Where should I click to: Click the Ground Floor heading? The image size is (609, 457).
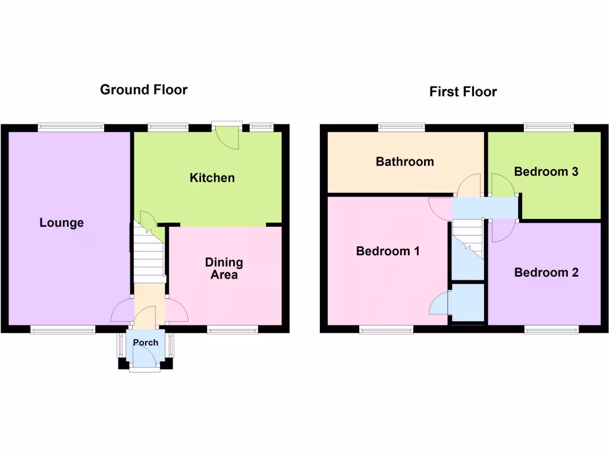tap(143, 90)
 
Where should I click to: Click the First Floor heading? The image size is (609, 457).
tap(463, 92)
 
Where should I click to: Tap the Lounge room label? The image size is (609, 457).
tap(61, 223)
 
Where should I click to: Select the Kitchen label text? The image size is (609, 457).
tap(212, 178)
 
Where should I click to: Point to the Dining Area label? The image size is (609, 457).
tap(224, 268)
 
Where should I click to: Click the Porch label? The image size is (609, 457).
tap(146, 343)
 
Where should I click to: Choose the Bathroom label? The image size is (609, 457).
tap(404, 162)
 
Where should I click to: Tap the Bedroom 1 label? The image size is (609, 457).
tap(388, 251)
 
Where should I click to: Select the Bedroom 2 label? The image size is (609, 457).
tap(546, 273)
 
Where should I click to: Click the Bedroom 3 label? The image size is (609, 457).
tap(546, 172)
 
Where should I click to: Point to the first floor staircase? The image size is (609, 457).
tap(468, 238)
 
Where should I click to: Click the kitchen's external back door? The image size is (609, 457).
tap(228, 136)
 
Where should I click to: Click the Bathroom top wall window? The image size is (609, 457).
tap(401, 127)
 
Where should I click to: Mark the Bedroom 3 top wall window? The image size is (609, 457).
tap(548, 127)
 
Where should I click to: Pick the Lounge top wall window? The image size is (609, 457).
tap(71, 127)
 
